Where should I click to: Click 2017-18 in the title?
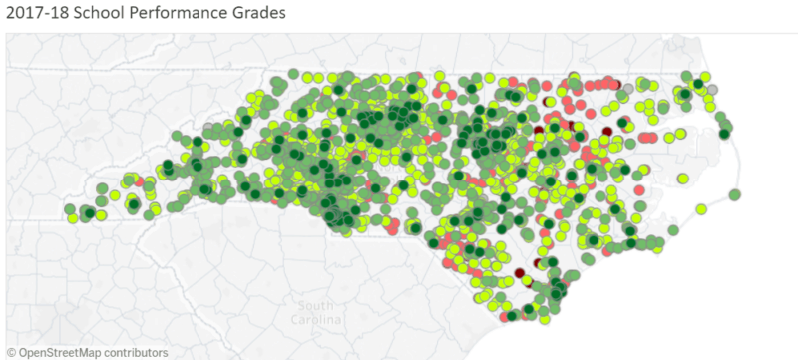(37, 15)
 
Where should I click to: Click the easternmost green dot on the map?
(735, 194)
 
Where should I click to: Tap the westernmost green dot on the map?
(71, 209)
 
